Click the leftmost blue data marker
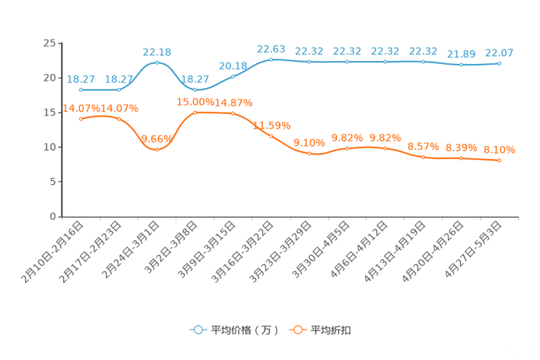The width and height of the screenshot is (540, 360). pyautogui.click(x=81, y=89)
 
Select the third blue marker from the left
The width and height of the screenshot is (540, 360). pyautogui.click(x=157, y=62)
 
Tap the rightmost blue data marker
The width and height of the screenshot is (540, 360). pyautogui.click(x=499, y=64)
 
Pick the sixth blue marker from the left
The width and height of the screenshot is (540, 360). pyautogui.click(x=271, y=59)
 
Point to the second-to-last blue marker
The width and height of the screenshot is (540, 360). pyautogui.click(x=461, y=65)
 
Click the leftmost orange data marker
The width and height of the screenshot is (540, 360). pyautogui.click(x=81, y=119)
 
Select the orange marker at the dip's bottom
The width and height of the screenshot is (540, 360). pyautogui.click(x=157, y=150)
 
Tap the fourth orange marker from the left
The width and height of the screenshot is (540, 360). pyautogui.click(x=195, y=112)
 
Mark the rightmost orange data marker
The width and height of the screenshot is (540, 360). pyautogui.click(x=499, y=160)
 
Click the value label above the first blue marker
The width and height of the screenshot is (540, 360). pyautogui.click(x=81, y=78)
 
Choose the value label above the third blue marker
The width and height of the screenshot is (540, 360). pyautogui.click(x=157, y=52)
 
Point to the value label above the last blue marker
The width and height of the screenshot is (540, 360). pyautogui.click(x=499, y=52)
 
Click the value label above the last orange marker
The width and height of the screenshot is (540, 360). pyautogui.click(x=499, y=149)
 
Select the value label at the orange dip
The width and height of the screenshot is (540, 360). pyautogui.click(x=157, y=138)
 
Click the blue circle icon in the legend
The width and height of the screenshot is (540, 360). pyautogui.click(x=197, y=330)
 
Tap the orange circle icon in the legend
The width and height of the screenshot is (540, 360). pyautogui.click(x=297, y=330)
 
